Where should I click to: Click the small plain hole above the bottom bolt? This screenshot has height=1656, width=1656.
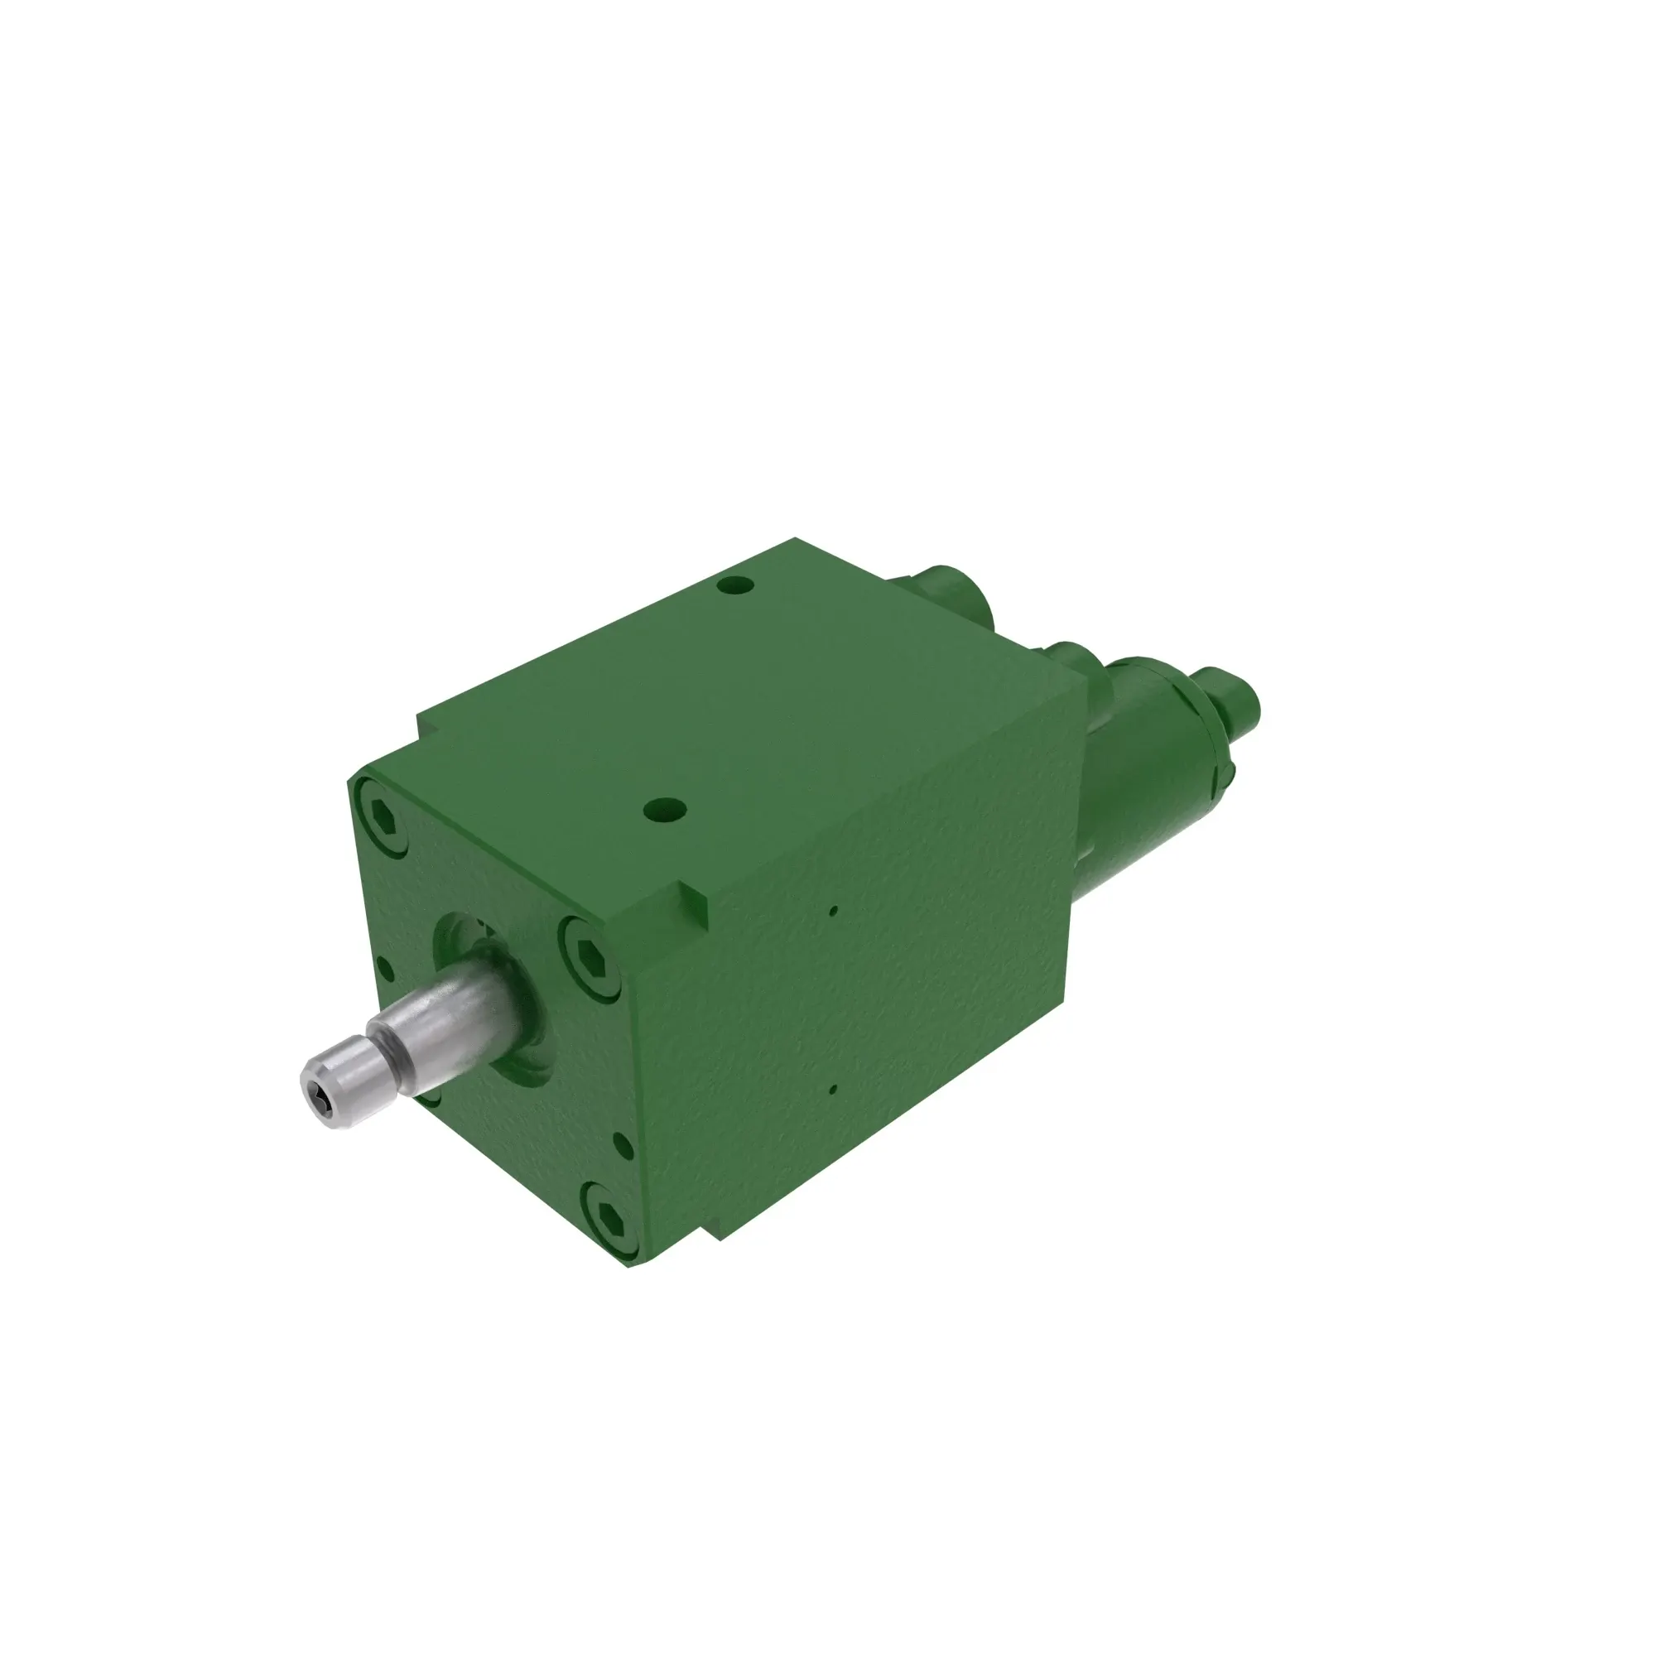624,1146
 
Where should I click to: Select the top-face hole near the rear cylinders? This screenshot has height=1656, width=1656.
735,586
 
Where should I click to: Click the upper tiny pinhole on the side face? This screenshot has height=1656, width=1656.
833,912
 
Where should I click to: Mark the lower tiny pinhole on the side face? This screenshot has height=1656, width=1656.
833,1090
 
